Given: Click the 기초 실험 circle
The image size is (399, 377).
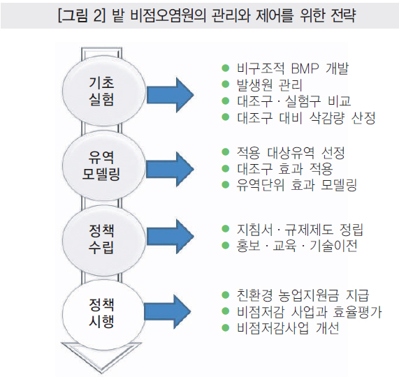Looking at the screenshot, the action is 104,90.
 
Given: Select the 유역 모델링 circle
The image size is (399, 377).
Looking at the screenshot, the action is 104,165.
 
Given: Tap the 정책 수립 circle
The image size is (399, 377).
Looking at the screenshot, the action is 104,240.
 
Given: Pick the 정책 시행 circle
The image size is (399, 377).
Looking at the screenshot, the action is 104,314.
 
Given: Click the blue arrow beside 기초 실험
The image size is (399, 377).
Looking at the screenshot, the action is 170,95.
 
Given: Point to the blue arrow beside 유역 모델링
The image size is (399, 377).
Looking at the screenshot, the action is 170,170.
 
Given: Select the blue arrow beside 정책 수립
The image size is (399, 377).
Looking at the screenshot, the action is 170,237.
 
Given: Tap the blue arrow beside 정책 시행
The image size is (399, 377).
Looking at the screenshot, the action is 168,311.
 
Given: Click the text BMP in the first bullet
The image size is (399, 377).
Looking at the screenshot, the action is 305,68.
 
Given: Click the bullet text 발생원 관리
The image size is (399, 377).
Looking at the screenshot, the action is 270,84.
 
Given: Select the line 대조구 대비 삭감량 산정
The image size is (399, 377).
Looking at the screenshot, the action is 306,117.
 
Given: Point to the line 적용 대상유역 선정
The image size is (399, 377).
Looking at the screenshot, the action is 291,152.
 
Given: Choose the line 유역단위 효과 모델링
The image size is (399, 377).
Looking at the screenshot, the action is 297,185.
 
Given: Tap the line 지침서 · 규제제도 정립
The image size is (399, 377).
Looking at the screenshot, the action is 300,230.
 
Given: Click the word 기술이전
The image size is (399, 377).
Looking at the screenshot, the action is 333,246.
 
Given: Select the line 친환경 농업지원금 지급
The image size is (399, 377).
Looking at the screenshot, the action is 303,295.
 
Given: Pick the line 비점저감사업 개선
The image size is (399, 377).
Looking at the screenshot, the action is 288,328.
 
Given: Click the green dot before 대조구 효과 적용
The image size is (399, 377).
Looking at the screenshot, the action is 226,168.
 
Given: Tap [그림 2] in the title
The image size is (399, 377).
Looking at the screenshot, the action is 82,15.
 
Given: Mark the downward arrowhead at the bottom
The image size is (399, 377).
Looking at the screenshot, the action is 101,359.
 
